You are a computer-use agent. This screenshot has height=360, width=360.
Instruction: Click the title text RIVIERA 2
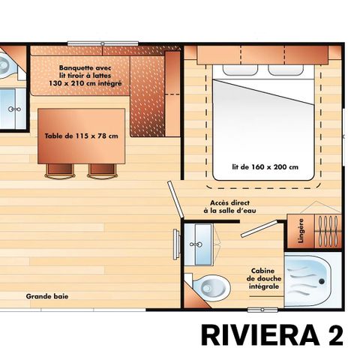(x=271, y=335)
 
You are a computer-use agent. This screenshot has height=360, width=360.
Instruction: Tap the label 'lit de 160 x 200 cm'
(x=266, y=166)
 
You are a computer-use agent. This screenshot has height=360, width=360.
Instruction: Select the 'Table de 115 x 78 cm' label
(x=82, y=136)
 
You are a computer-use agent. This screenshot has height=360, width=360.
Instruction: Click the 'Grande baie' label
(x=47, y=296)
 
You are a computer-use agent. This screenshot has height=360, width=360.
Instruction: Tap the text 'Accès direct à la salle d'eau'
(x=229, y=207)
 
